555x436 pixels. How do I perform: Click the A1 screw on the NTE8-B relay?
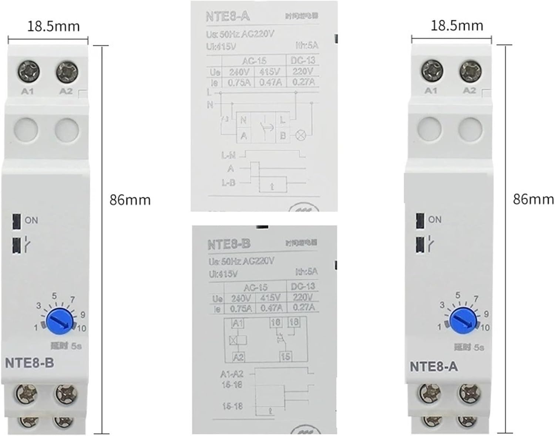28,71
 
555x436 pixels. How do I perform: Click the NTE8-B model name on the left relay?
29,363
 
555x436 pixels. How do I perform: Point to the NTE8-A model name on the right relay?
434,366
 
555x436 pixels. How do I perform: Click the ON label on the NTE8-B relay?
31,220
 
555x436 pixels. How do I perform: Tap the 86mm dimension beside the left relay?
130,200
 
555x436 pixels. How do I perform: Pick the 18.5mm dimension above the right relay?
457,26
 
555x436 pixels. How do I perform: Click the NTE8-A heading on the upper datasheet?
228,17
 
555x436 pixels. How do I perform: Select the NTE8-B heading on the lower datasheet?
229,244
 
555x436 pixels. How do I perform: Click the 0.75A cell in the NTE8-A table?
239,82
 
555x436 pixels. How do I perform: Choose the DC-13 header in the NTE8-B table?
303,286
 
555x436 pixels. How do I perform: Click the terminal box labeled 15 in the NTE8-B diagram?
285,356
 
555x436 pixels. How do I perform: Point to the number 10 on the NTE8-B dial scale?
82,328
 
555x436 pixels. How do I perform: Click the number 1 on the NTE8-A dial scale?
439,327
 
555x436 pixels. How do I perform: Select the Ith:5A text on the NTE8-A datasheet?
306,45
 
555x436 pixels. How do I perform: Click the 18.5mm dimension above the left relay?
54,26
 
